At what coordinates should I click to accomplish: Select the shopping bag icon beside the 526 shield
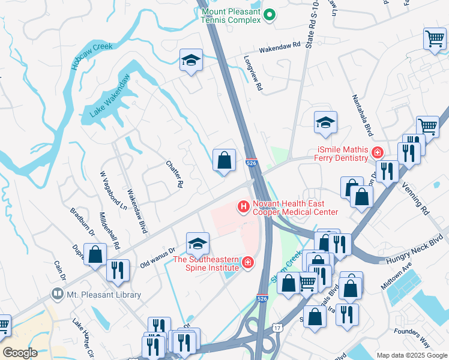pos(224,160)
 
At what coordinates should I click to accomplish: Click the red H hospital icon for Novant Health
pos(244,208)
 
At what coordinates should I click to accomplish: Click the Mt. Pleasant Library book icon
pos(58,295)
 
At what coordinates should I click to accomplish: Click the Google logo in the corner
pos(19,353)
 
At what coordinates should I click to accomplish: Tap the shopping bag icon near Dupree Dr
pos(95,254)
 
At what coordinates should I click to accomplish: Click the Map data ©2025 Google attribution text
pos(411,355)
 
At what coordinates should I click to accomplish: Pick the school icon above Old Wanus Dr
pos(197,244)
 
